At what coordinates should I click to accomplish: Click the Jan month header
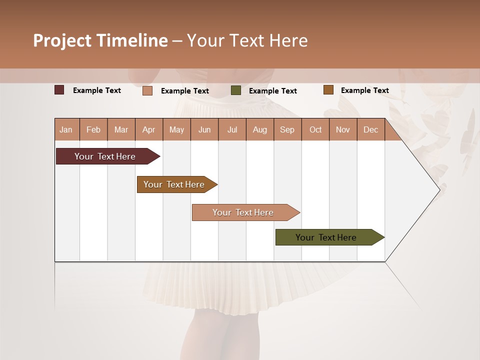(x=66, y=129)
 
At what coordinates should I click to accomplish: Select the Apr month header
(x=148, y=129)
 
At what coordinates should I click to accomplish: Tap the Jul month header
(x=232, y=129)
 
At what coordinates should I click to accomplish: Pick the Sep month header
(x=287, y=129)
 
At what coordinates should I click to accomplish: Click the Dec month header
(x=370, y=129)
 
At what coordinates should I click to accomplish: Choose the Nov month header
(x=342, y=129)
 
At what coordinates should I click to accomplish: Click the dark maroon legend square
(x=59, y=90)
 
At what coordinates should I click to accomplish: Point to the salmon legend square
(x=147, y=90)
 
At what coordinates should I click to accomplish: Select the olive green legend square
(x=235, y=90)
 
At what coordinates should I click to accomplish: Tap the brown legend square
(x=328, y=90)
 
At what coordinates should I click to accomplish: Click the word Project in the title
(x=62, y=41)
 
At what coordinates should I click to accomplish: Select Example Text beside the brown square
(x=364, y=90)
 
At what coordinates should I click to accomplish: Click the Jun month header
(x=204, y=129)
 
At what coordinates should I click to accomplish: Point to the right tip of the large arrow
(x=439, y=189)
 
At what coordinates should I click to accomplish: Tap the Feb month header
(x=93, y=129)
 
